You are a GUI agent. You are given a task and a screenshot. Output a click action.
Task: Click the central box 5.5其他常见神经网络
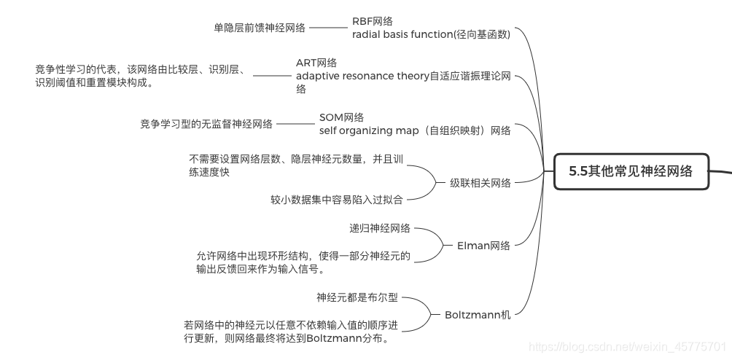(631, 172)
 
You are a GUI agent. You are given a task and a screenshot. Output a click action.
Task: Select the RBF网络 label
(372, 21)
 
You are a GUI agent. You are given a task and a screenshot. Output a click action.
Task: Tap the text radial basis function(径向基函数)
(430, 34)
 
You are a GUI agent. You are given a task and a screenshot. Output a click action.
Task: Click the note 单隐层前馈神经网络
(260, 28)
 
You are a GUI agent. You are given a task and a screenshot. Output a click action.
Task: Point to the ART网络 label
(316, 63)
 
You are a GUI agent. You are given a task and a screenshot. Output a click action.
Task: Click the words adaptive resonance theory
(362, 76)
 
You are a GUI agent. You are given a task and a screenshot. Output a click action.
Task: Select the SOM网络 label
(341, 117)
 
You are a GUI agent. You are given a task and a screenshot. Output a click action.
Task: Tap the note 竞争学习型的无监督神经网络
(206, 124)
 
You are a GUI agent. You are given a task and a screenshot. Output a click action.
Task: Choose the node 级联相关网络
(480, 182)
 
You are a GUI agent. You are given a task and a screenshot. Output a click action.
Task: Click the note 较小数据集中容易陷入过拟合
(336, 199)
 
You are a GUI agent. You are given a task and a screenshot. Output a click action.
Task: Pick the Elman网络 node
(483, 245)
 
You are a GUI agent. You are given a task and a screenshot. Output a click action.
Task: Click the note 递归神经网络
(379, 228)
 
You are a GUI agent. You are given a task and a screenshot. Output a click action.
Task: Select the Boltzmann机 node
(478, 314)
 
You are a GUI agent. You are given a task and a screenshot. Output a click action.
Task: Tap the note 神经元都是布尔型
(357, 297)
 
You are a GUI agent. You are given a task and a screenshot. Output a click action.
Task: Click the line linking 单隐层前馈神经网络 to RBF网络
(329, 28)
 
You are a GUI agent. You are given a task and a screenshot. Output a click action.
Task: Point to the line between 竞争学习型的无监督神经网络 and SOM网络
(296, 124)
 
